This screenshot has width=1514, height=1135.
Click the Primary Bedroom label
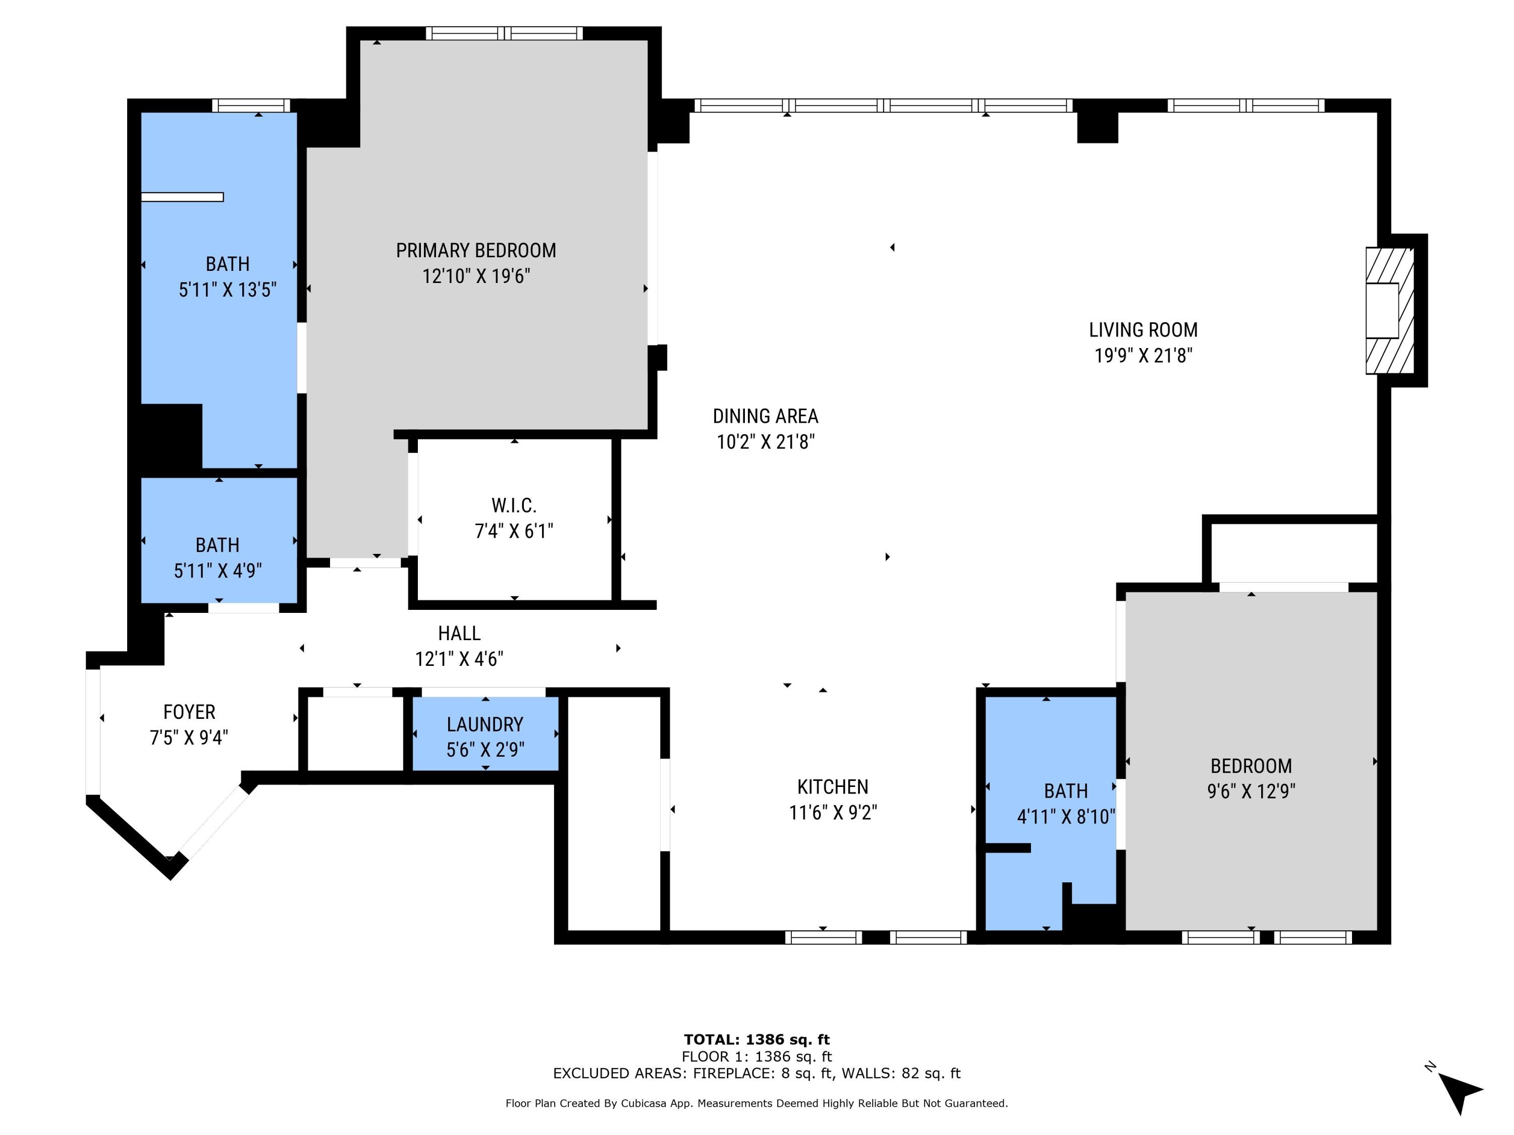[x=476, y=250]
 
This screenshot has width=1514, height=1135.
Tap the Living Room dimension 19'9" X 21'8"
[x=1143, y=356]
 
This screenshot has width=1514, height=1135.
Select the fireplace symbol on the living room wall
[x=1389, y=311]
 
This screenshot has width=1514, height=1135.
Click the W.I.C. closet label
[x=514, y=505]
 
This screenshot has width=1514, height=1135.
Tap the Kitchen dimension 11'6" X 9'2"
[x=832, y=813]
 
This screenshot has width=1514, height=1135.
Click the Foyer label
[x=189, y=712]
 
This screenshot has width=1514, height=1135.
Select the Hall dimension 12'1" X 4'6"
[x=459, y=659]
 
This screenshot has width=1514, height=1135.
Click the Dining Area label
[x=765, y=416]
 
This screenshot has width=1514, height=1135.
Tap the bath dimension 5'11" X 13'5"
[x=227, y=290]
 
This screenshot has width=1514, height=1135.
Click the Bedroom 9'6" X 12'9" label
[x=1251, y=766]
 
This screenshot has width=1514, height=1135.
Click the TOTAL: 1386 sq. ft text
[x=756, y=1040]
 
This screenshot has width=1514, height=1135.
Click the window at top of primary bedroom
[x=505, y=33]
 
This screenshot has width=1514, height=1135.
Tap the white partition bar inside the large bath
[x=182, y=197]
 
